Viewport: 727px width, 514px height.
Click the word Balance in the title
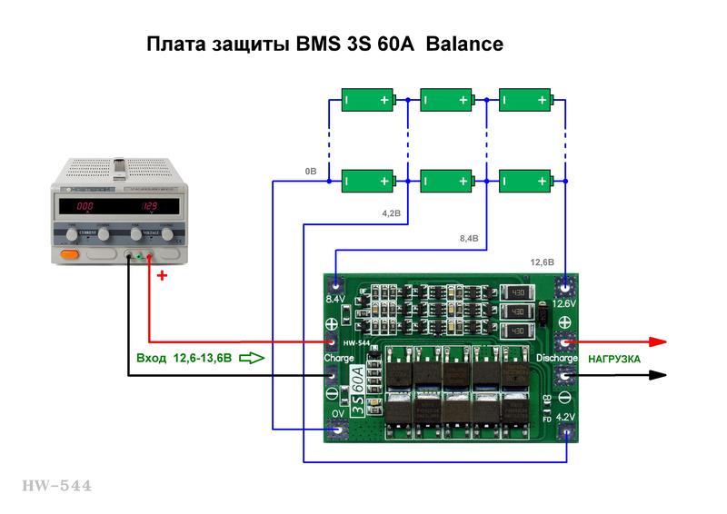coord(464,44)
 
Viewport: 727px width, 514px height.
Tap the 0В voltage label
coord(311,171)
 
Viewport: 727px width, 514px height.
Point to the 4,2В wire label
coord(391,213)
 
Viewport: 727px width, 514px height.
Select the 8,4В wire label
coord(469,238)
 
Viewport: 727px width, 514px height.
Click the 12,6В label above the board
coord(543,262)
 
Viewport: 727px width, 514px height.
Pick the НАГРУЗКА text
coord(614,359)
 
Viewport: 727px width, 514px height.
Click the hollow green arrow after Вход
coord(252,358)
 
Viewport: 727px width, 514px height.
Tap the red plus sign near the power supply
coord(163,275)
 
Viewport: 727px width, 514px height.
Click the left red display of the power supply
coord(85,206)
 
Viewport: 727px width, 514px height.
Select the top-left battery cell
coord(368,99)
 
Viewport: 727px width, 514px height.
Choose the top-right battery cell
coord(526,99)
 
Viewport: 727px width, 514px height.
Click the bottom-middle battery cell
coord(447,180)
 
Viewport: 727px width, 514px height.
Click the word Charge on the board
coord(338,358)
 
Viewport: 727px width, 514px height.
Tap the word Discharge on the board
coord(557,358)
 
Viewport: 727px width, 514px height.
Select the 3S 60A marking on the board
coord(358,389)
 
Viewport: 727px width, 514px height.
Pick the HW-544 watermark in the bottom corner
coord(56,487)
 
